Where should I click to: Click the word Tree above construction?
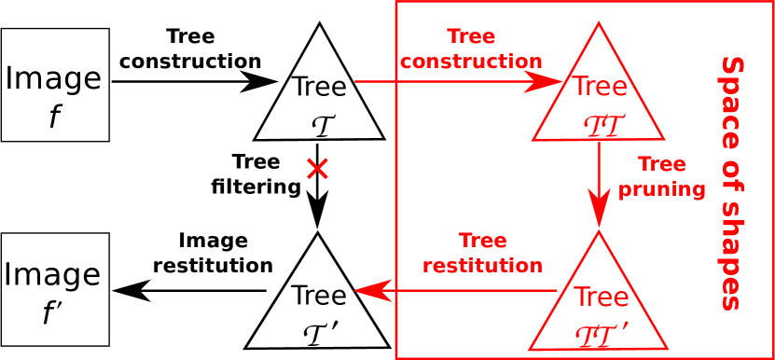471,37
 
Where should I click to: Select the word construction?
471,62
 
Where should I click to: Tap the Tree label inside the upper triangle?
599,87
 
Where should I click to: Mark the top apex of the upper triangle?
599,23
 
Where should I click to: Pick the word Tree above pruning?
661,165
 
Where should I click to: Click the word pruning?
661,189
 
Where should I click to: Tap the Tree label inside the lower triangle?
601,298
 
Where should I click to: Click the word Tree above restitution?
482,242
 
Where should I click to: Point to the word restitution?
482,266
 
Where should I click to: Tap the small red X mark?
317,169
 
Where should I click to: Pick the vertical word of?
732,173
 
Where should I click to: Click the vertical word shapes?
732,252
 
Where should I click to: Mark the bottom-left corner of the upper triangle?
533,140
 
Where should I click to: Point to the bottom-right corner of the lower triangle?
667,349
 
